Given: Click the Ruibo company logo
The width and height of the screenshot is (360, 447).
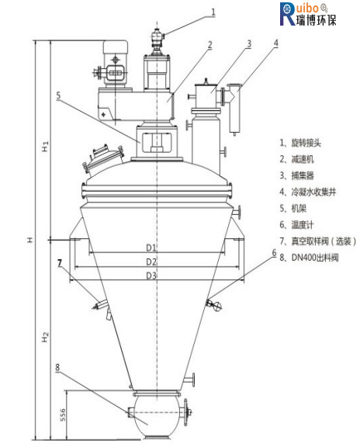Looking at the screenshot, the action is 308,14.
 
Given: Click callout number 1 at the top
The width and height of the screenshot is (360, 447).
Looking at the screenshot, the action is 213,12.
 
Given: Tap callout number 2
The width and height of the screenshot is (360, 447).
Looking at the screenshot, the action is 210,45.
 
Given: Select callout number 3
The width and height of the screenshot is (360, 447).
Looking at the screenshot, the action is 249,44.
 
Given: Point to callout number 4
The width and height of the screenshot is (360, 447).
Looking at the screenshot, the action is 275,43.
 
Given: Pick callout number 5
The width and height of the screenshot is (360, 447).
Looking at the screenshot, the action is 58,95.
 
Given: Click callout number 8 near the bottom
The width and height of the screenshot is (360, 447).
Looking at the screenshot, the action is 57,367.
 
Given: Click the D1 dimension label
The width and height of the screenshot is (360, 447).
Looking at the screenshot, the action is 151,248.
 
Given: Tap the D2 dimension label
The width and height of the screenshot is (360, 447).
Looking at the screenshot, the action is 151,262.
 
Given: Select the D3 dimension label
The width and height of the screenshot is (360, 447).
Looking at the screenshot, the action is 151,275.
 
